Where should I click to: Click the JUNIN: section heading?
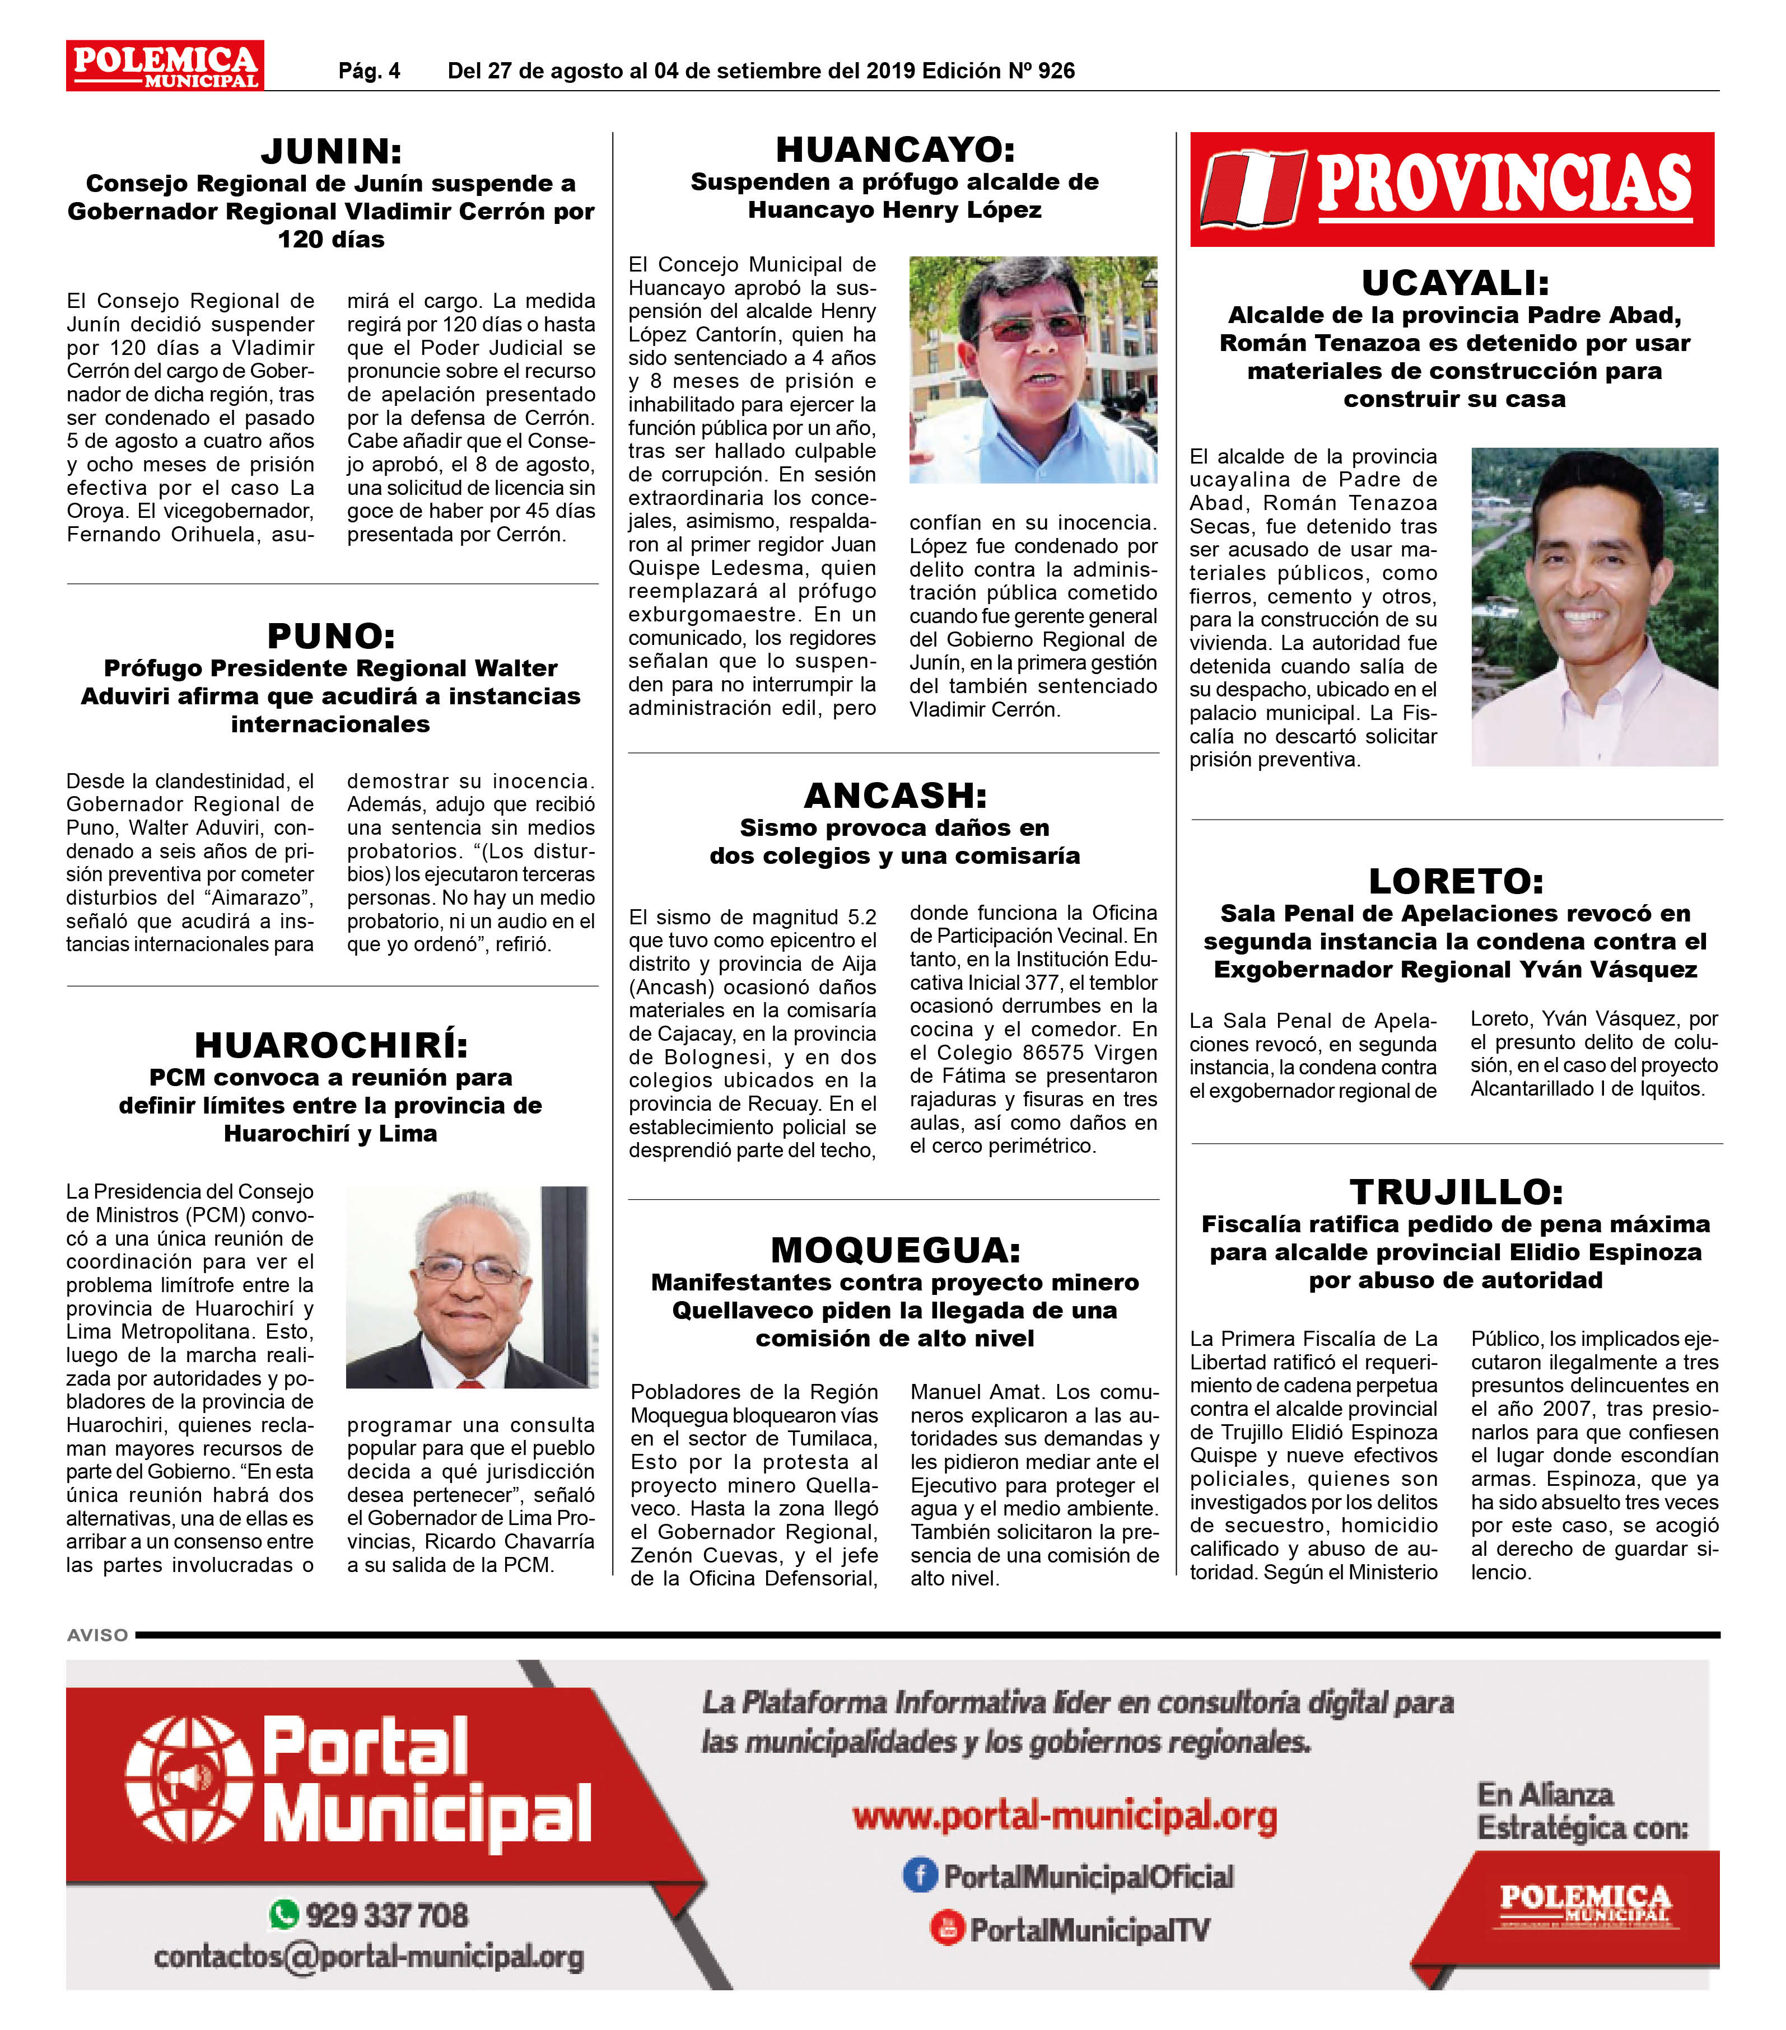331,152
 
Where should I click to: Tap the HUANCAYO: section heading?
895,150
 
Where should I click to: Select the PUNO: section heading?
331,635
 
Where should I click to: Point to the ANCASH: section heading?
895,796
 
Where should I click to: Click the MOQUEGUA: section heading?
895,1250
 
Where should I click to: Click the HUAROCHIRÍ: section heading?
331,1045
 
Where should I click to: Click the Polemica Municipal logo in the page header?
165,66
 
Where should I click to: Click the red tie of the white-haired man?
471,1382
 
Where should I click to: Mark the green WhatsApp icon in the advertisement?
284,1914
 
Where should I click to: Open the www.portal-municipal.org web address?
1065,1817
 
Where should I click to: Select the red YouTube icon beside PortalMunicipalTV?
946,1929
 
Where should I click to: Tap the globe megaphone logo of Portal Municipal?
189,1782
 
